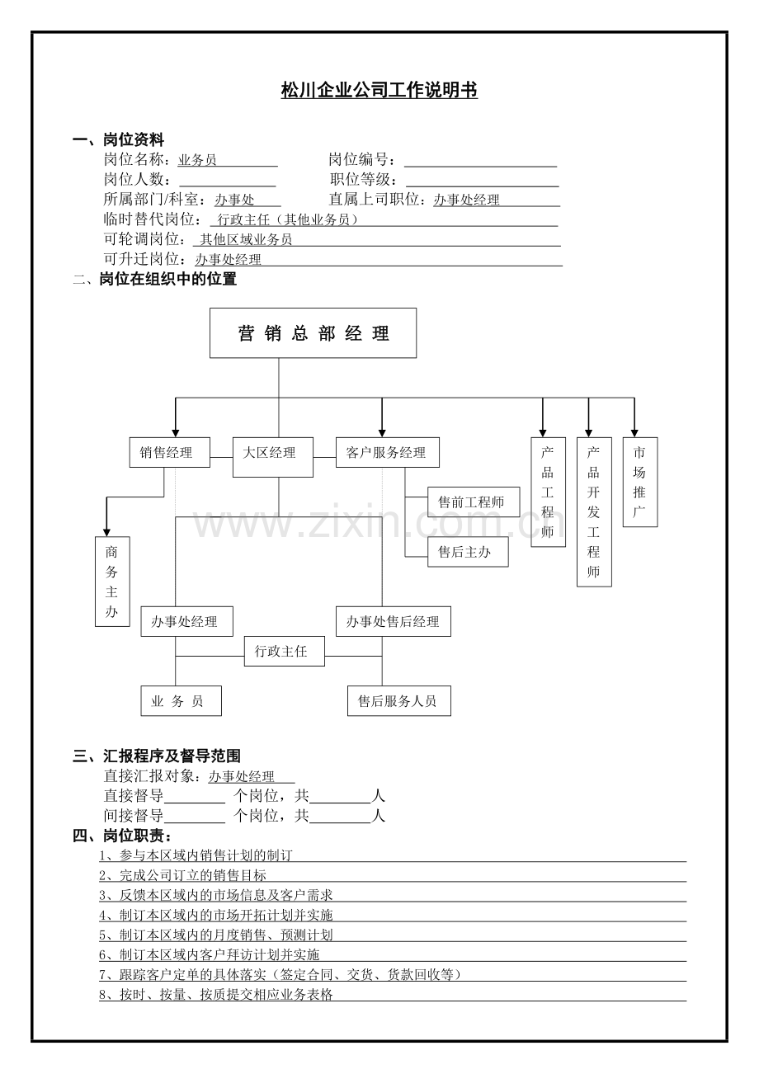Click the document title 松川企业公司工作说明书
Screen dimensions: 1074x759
click(379, 91)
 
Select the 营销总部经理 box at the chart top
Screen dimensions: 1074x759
click(313, 333)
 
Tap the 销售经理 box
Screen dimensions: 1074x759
click(169, 452)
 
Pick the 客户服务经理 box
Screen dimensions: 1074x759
click(387, 452)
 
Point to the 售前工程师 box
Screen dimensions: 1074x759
click(474, 502)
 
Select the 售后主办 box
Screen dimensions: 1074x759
click(468, 552)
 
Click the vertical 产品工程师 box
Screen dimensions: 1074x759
click(548, 492)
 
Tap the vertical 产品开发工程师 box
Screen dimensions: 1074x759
click(594, 511)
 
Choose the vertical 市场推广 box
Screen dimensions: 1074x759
click(639, 482)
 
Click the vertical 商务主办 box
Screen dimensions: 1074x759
click(112, 582)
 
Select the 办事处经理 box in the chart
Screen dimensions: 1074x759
click(186, 622)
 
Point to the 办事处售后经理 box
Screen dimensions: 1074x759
click(393, 622)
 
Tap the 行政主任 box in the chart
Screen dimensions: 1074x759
click(284, 651)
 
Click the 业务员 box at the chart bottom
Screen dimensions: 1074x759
click(181, 701)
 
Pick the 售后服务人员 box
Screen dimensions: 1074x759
click(398, 701)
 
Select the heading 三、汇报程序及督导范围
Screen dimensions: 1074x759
click(157, 756)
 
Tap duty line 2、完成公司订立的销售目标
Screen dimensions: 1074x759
click(183, 875)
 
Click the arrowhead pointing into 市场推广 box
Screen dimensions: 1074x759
click(634, 431)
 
